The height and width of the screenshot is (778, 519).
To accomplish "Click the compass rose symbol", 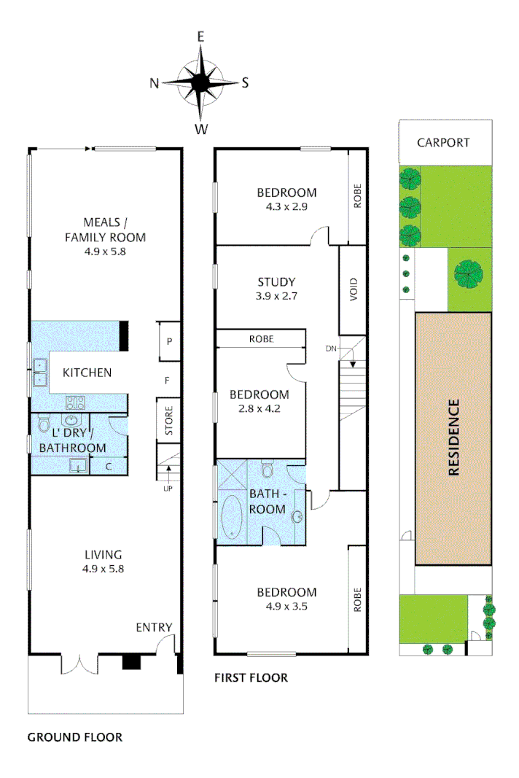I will [x=200, y=82].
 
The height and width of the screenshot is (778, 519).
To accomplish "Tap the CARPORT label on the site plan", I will [x=443, y=142].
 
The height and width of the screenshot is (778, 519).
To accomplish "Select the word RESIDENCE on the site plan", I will [x=454, y=437].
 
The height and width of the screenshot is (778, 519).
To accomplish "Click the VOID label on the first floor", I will [x=354, y=290].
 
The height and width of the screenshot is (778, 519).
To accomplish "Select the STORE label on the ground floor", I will [x=168, y=420].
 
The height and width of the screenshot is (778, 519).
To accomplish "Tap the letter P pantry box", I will [x=168, y=341].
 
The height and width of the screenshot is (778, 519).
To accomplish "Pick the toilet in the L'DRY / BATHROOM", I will [x=43, y=425].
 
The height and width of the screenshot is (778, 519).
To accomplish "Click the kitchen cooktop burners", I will [x=77, y=402].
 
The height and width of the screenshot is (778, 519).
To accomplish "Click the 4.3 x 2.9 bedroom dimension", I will [x=286, y=207].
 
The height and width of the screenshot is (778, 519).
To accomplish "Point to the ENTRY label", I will [x=154, y=627].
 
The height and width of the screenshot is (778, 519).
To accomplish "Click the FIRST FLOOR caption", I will [x=251, y=678].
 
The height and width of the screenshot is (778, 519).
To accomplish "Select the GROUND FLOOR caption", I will [x=74, y=737].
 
